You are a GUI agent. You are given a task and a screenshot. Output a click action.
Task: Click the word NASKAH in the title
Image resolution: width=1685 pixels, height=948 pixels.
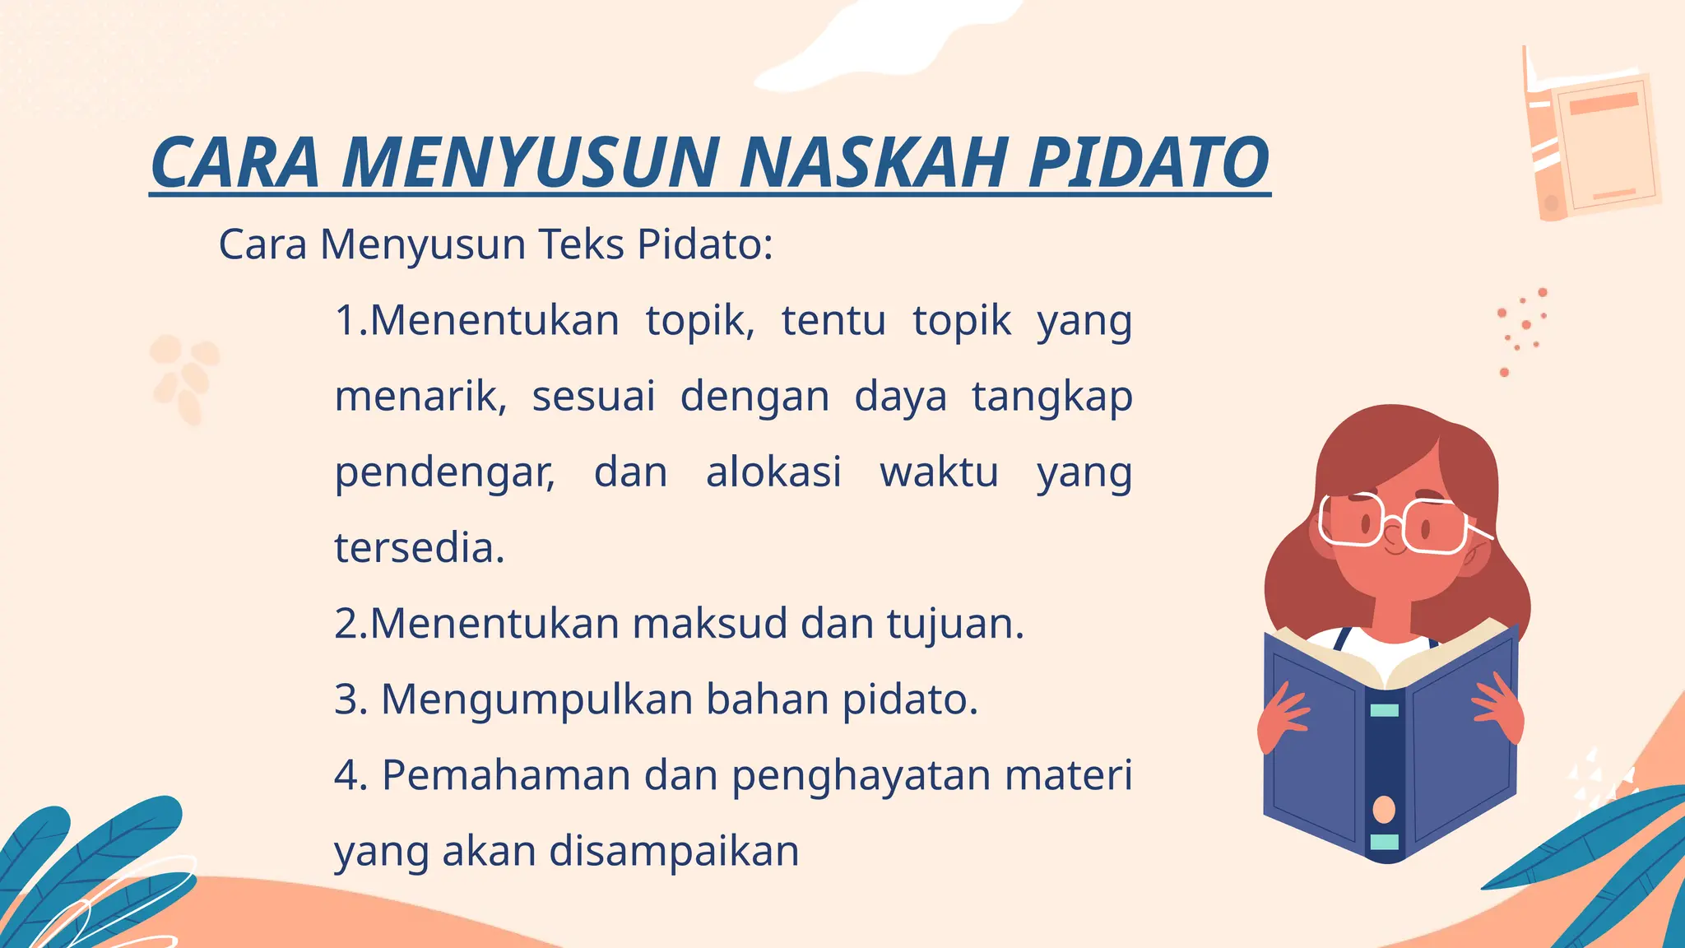[x=873, y=162]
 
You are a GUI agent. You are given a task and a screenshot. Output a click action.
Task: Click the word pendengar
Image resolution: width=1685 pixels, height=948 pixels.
[x=445, y=473]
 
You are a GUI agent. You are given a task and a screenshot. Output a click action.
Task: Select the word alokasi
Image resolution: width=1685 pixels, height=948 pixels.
[x=773, y=472]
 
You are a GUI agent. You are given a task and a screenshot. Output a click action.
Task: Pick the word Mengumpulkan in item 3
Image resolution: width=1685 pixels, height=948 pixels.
[x=537, y=700]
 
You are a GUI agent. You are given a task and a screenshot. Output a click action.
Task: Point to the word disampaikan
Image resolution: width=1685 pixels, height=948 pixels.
[x=674, y=851]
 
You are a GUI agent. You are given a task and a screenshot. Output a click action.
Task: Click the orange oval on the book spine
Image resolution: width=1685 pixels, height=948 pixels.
[x=1385, y=810]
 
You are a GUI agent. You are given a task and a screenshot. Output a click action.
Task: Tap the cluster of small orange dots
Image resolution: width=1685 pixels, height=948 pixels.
[x=1522, y=329]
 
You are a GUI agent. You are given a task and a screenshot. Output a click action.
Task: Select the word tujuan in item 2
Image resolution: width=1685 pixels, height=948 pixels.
[x=954, y=624]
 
